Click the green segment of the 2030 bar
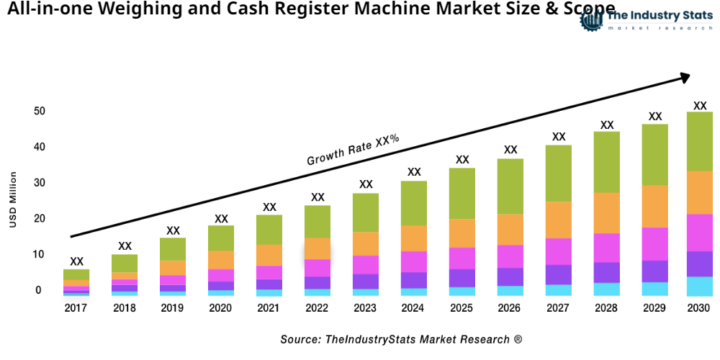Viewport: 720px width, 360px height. [x=699, y=141]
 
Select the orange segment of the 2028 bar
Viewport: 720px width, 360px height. [x=607, y=213]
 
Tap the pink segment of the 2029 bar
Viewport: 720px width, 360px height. [x=654, y=243]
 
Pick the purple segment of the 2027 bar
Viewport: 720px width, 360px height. [x=558, y=274]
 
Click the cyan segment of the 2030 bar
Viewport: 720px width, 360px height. [x=699, y=286]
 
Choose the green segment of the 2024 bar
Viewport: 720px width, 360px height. [x=414, y=203]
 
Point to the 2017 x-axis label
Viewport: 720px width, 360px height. [x=76, y=308]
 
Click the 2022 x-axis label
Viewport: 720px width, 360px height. [x=318, y=308]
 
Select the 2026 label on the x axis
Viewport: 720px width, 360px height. [x=510, y=308]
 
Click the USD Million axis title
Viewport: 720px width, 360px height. [x=13, y=199]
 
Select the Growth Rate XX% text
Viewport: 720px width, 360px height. [x=353, y=150]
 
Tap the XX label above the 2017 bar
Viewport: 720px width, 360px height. [x=76, y=261]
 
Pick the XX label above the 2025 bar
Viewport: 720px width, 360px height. [x=462, y=160]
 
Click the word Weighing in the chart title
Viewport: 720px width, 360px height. [x=138, y=9]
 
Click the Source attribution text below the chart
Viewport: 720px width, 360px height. [x=401, y=338]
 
